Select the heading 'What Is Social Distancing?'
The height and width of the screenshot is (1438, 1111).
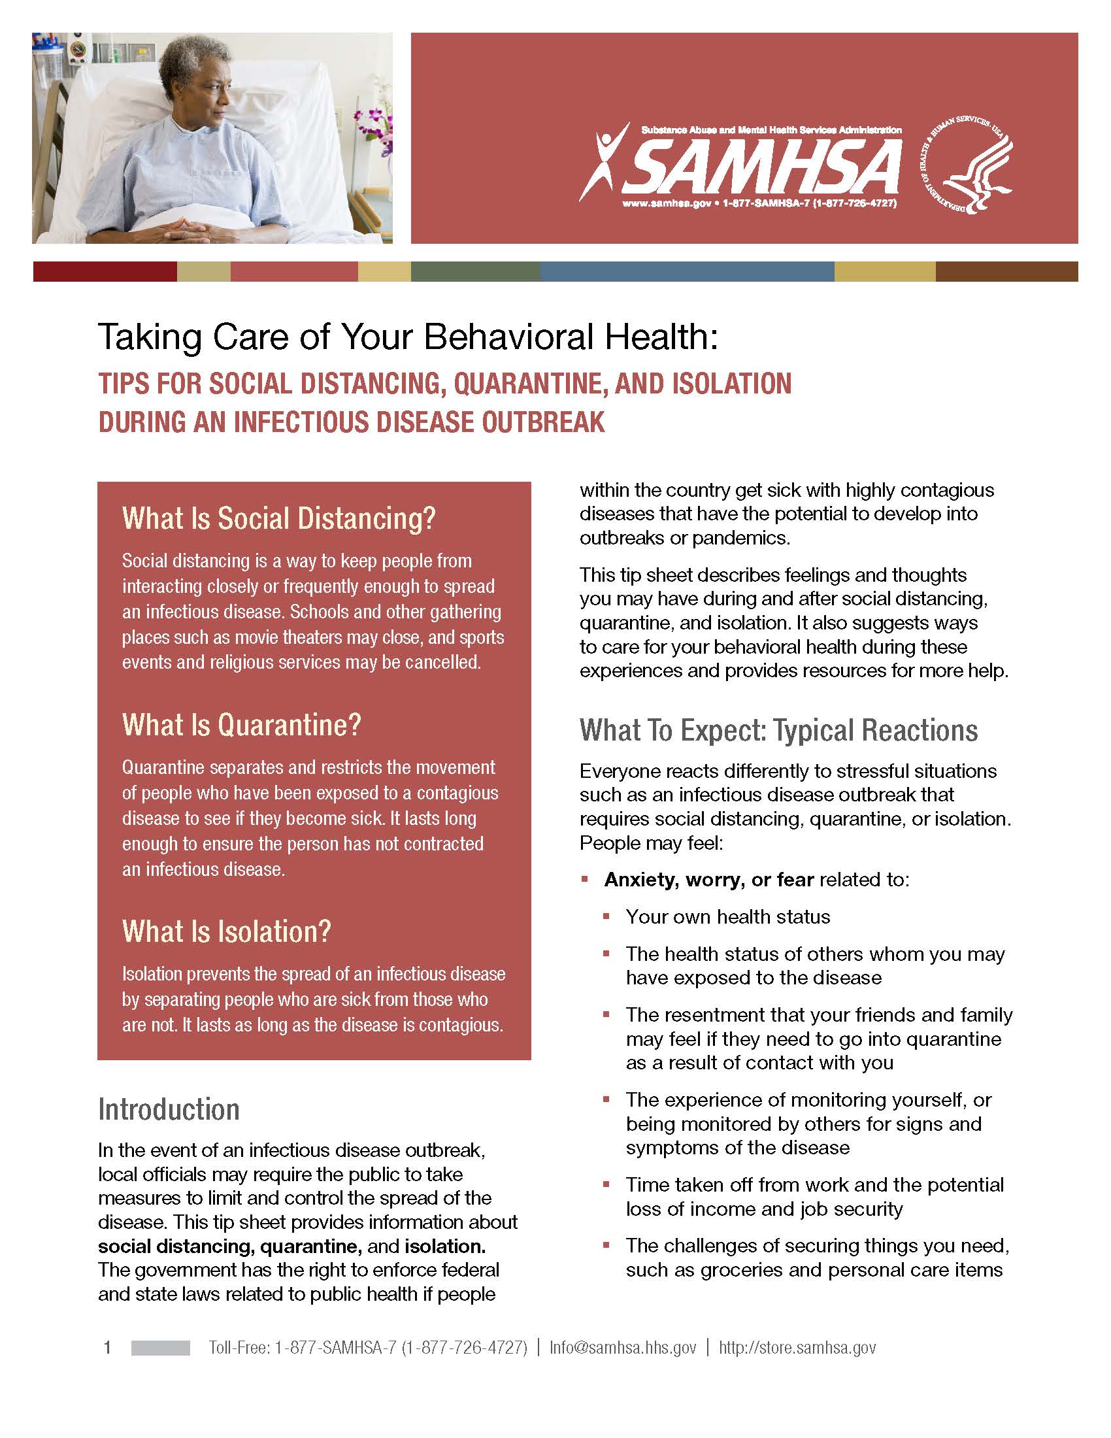pos(279,519)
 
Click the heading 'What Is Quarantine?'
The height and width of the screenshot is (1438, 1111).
pos(242,725)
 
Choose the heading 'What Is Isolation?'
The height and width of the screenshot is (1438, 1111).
pos(226,931)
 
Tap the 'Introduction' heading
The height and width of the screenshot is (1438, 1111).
pos(169,1109)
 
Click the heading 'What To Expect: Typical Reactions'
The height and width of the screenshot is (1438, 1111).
pos(778,730)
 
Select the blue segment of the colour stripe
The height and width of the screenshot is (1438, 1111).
pos(686,272)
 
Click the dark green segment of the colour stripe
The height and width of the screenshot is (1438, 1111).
pos(475,272)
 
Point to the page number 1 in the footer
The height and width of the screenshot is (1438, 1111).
pos(107,1348)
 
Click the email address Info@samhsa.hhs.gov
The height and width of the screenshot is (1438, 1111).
pos(623,1348)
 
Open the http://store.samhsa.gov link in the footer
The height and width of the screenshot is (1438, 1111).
pos(797,1348)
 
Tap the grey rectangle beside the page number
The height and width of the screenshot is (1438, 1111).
pos(161,1348)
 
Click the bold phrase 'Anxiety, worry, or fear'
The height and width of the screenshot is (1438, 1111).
pos(709,880)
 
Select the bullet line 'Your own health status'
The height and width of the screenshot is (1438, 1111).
pos(727,916)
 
